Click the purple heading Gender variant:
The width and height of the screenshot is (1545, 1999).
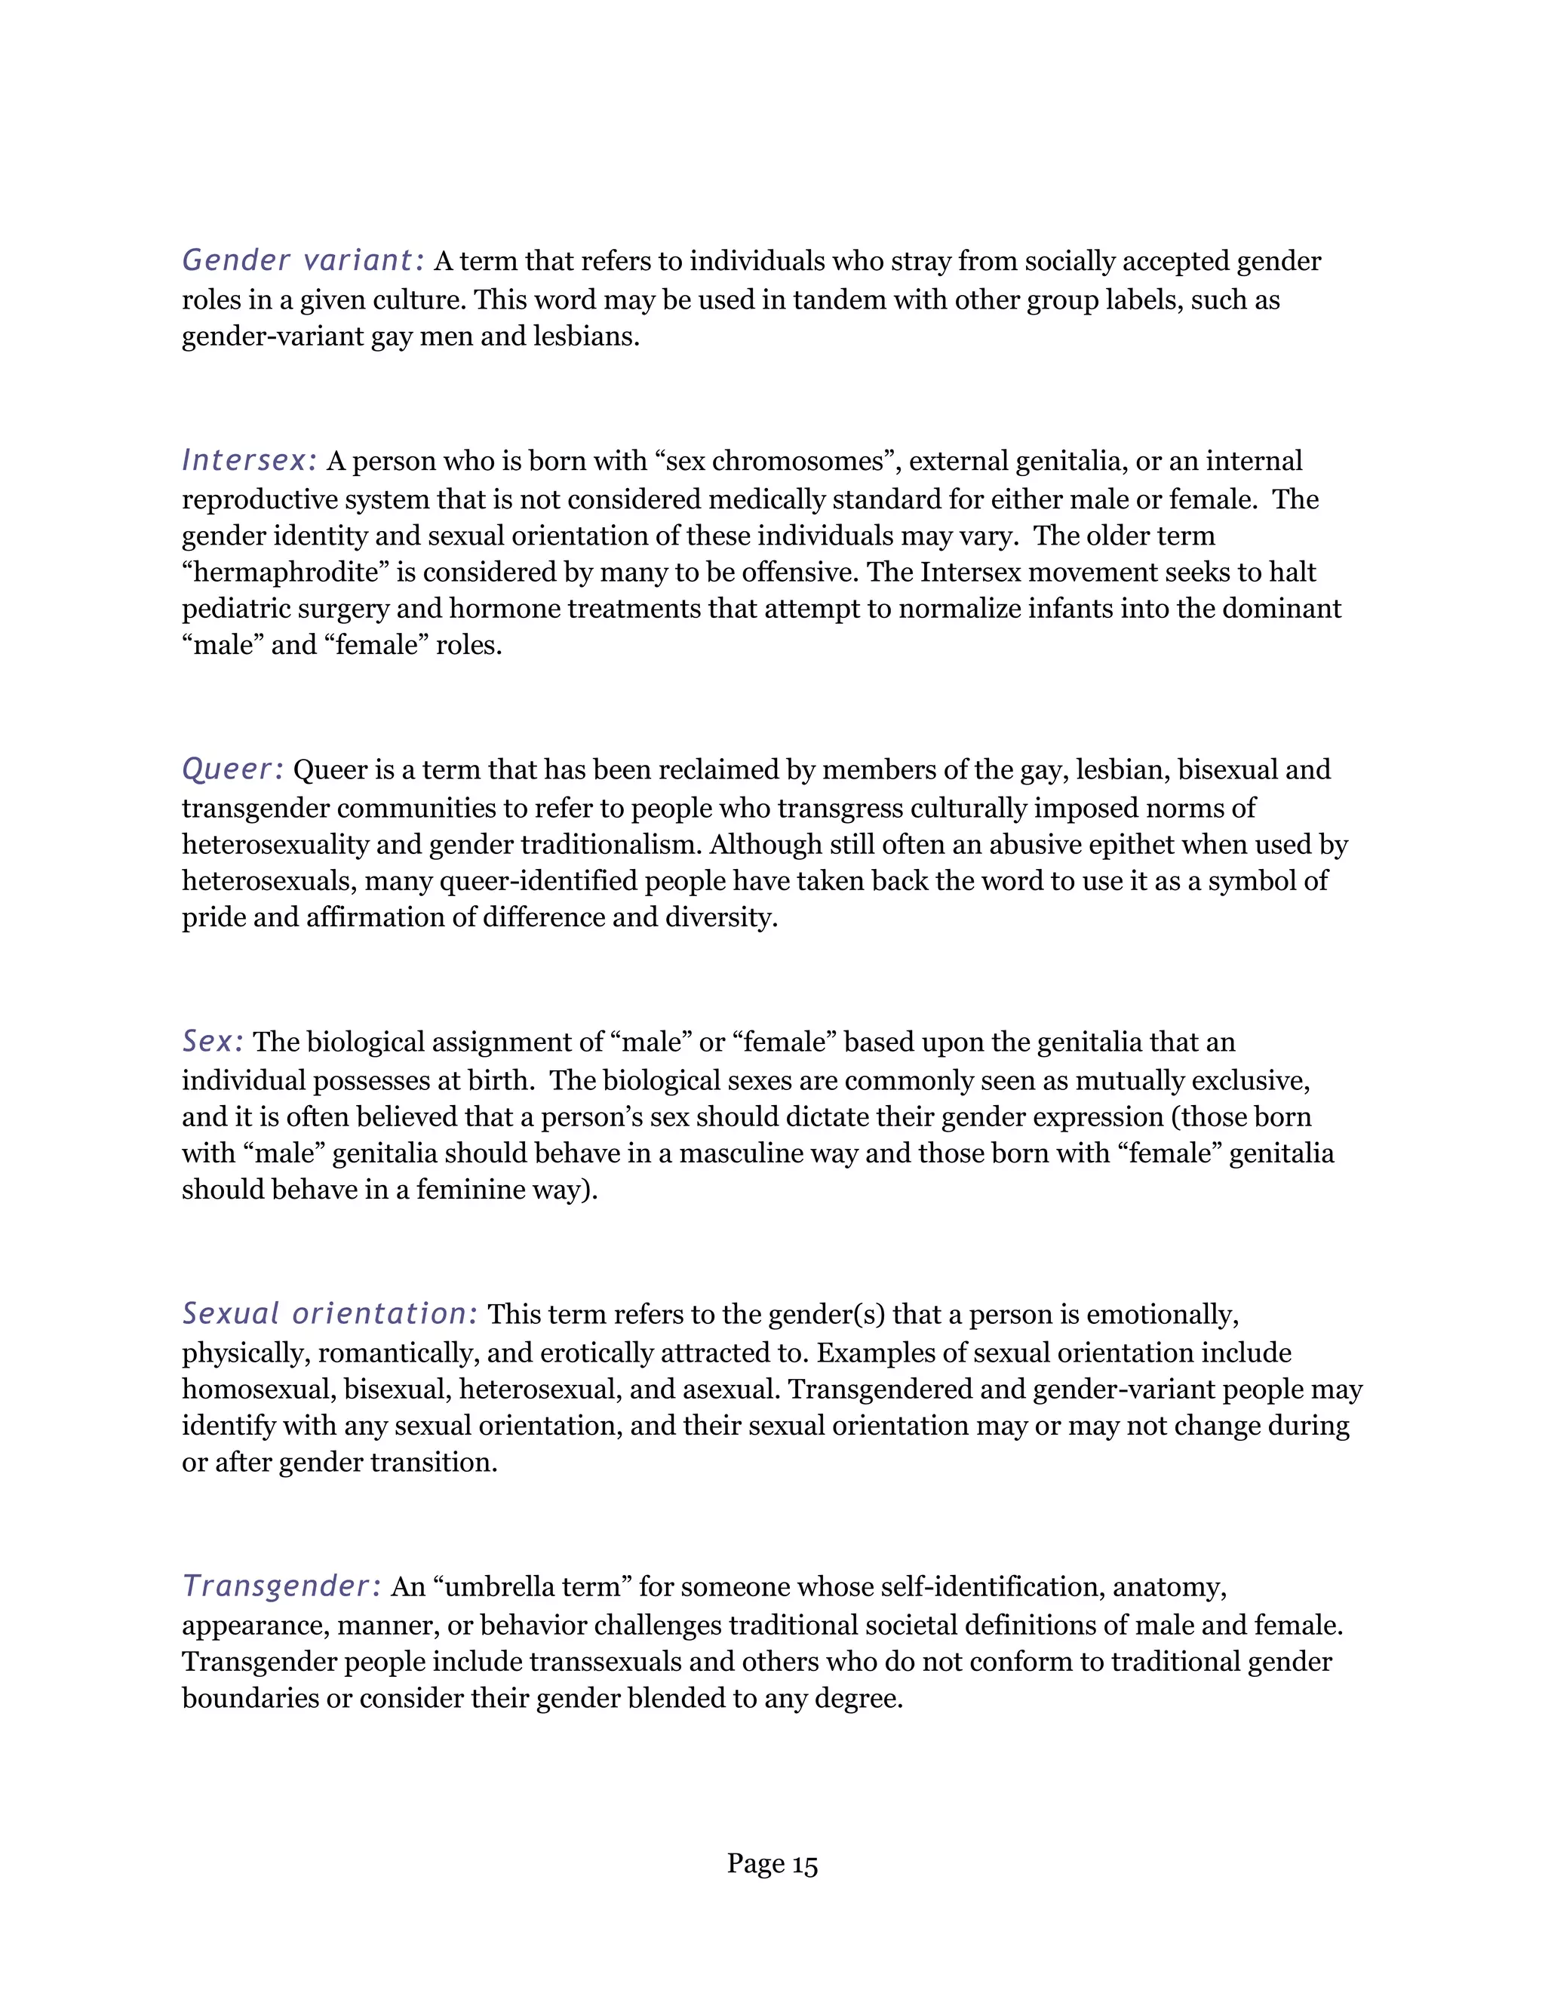point(303,261)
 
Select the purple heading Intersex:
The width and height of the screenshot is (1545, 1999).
point(250,460)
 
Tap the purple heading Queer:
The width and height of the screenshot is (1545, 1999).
point(233,769)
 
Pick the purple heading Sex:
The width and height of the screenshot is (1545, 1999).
point(212,1042)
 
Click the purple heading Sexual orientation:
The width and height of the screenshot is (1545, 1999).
point(330,1313)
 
